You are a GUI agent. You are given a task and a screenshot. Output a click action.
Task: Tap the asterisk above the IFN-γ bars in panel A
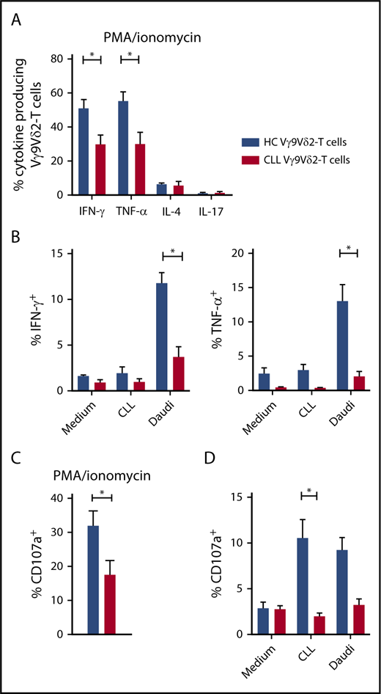[x=92, y=55]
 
